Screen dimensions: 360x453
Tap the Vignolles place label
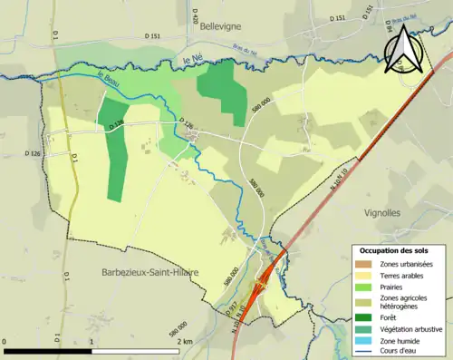pyautogui.click(x=389, y=212)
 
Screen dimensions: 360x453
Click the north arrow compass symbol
pyautogui.click(x=400, y=50)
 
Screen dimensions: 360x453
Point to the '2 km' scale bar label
pyautogui.click(x=185, y=340)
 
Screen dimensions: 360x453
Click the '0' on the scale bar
pyautogui.click(x=6, y=340)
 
